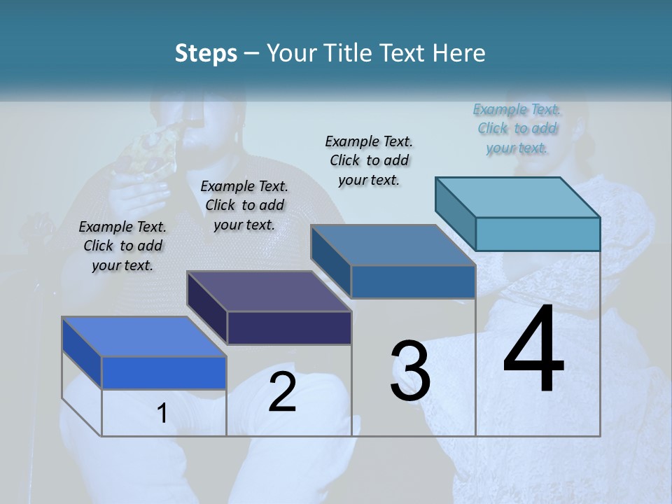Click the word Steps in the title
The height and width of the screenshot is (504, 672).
click(x=206, y=54)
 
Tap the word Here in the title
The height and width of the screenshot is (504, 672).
click(x=457, y=54)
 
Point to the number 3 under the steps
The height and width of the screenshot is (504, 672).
click(x=410, y=371)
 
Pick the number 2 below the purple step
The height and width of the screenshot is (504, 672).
click(x=282, y=392)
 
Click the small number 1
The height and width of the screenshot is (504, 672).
click(x=162, y=414)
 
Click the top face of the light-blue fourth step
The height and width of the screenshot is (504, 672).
click(x=517, y=197)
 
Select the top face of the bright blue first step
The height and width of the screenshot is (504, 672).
click(x=144, y=337)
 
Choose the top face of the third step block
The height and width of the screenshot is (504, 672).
click(x=393, y=245)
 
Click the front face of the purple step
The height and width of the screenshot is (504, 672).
click(x=289, y=328)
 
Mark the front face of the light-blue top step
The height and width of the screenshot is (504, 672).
click(x=538, y=234)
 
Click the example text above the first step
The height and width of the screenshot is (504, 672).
click(x=122, y=246)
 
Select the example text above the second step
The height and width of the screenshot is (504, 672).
click(x=244, y=205)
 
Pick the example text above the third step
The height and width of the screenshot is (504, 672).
click(x=369, y=160)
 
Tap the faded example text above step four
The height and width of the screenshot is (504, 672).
click(x=517, y=128)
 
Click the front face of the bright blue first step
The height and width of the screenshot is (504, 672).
click(x=164, y=372)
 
